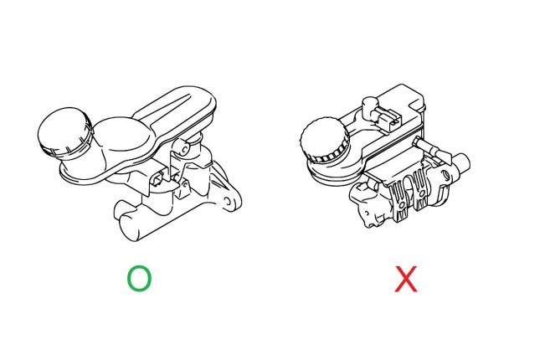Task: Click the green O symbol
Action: click(140, 278)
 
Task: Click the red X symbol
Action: click(406, 279)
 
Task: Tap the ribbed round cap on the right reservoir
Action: click(325, 140)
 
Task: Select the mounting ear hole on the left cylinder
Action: click(227, 201)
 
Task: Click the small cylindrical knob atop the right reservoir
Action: click(370, 106)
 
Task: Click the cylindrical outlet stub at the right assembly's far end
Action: click(460, 164)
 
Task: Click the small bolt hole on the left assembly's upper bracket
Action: click(185, 149)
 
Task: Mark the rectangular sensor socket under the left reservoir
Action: click(157, 178)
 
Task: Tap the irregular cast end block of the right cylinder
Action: click(369, 206)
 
